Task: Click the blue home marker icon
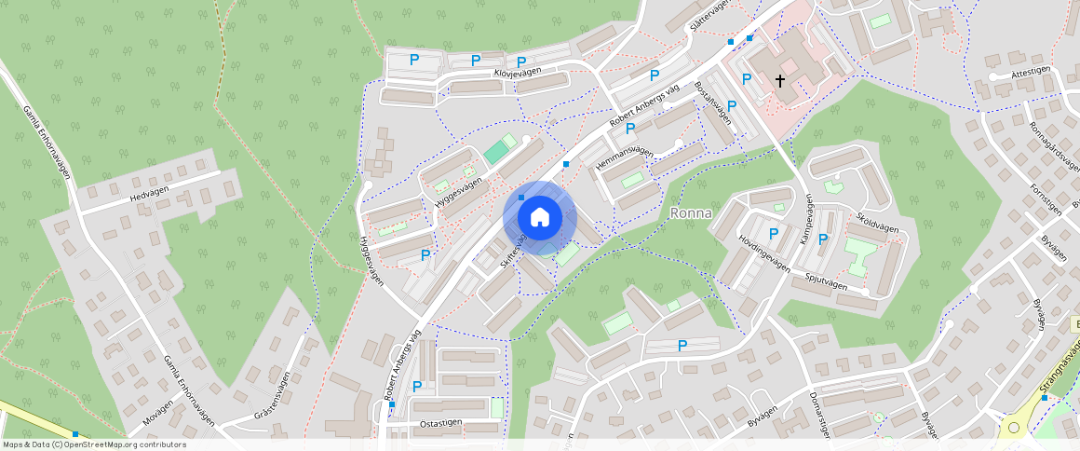click(539, 217)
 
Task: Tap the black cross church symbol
click(780, 81)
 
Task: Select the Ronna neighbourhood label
click(691, 212)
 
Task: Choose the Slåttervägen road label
click(707, 16)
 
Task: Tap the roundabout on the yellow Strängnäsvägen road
click(1012, 430)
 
